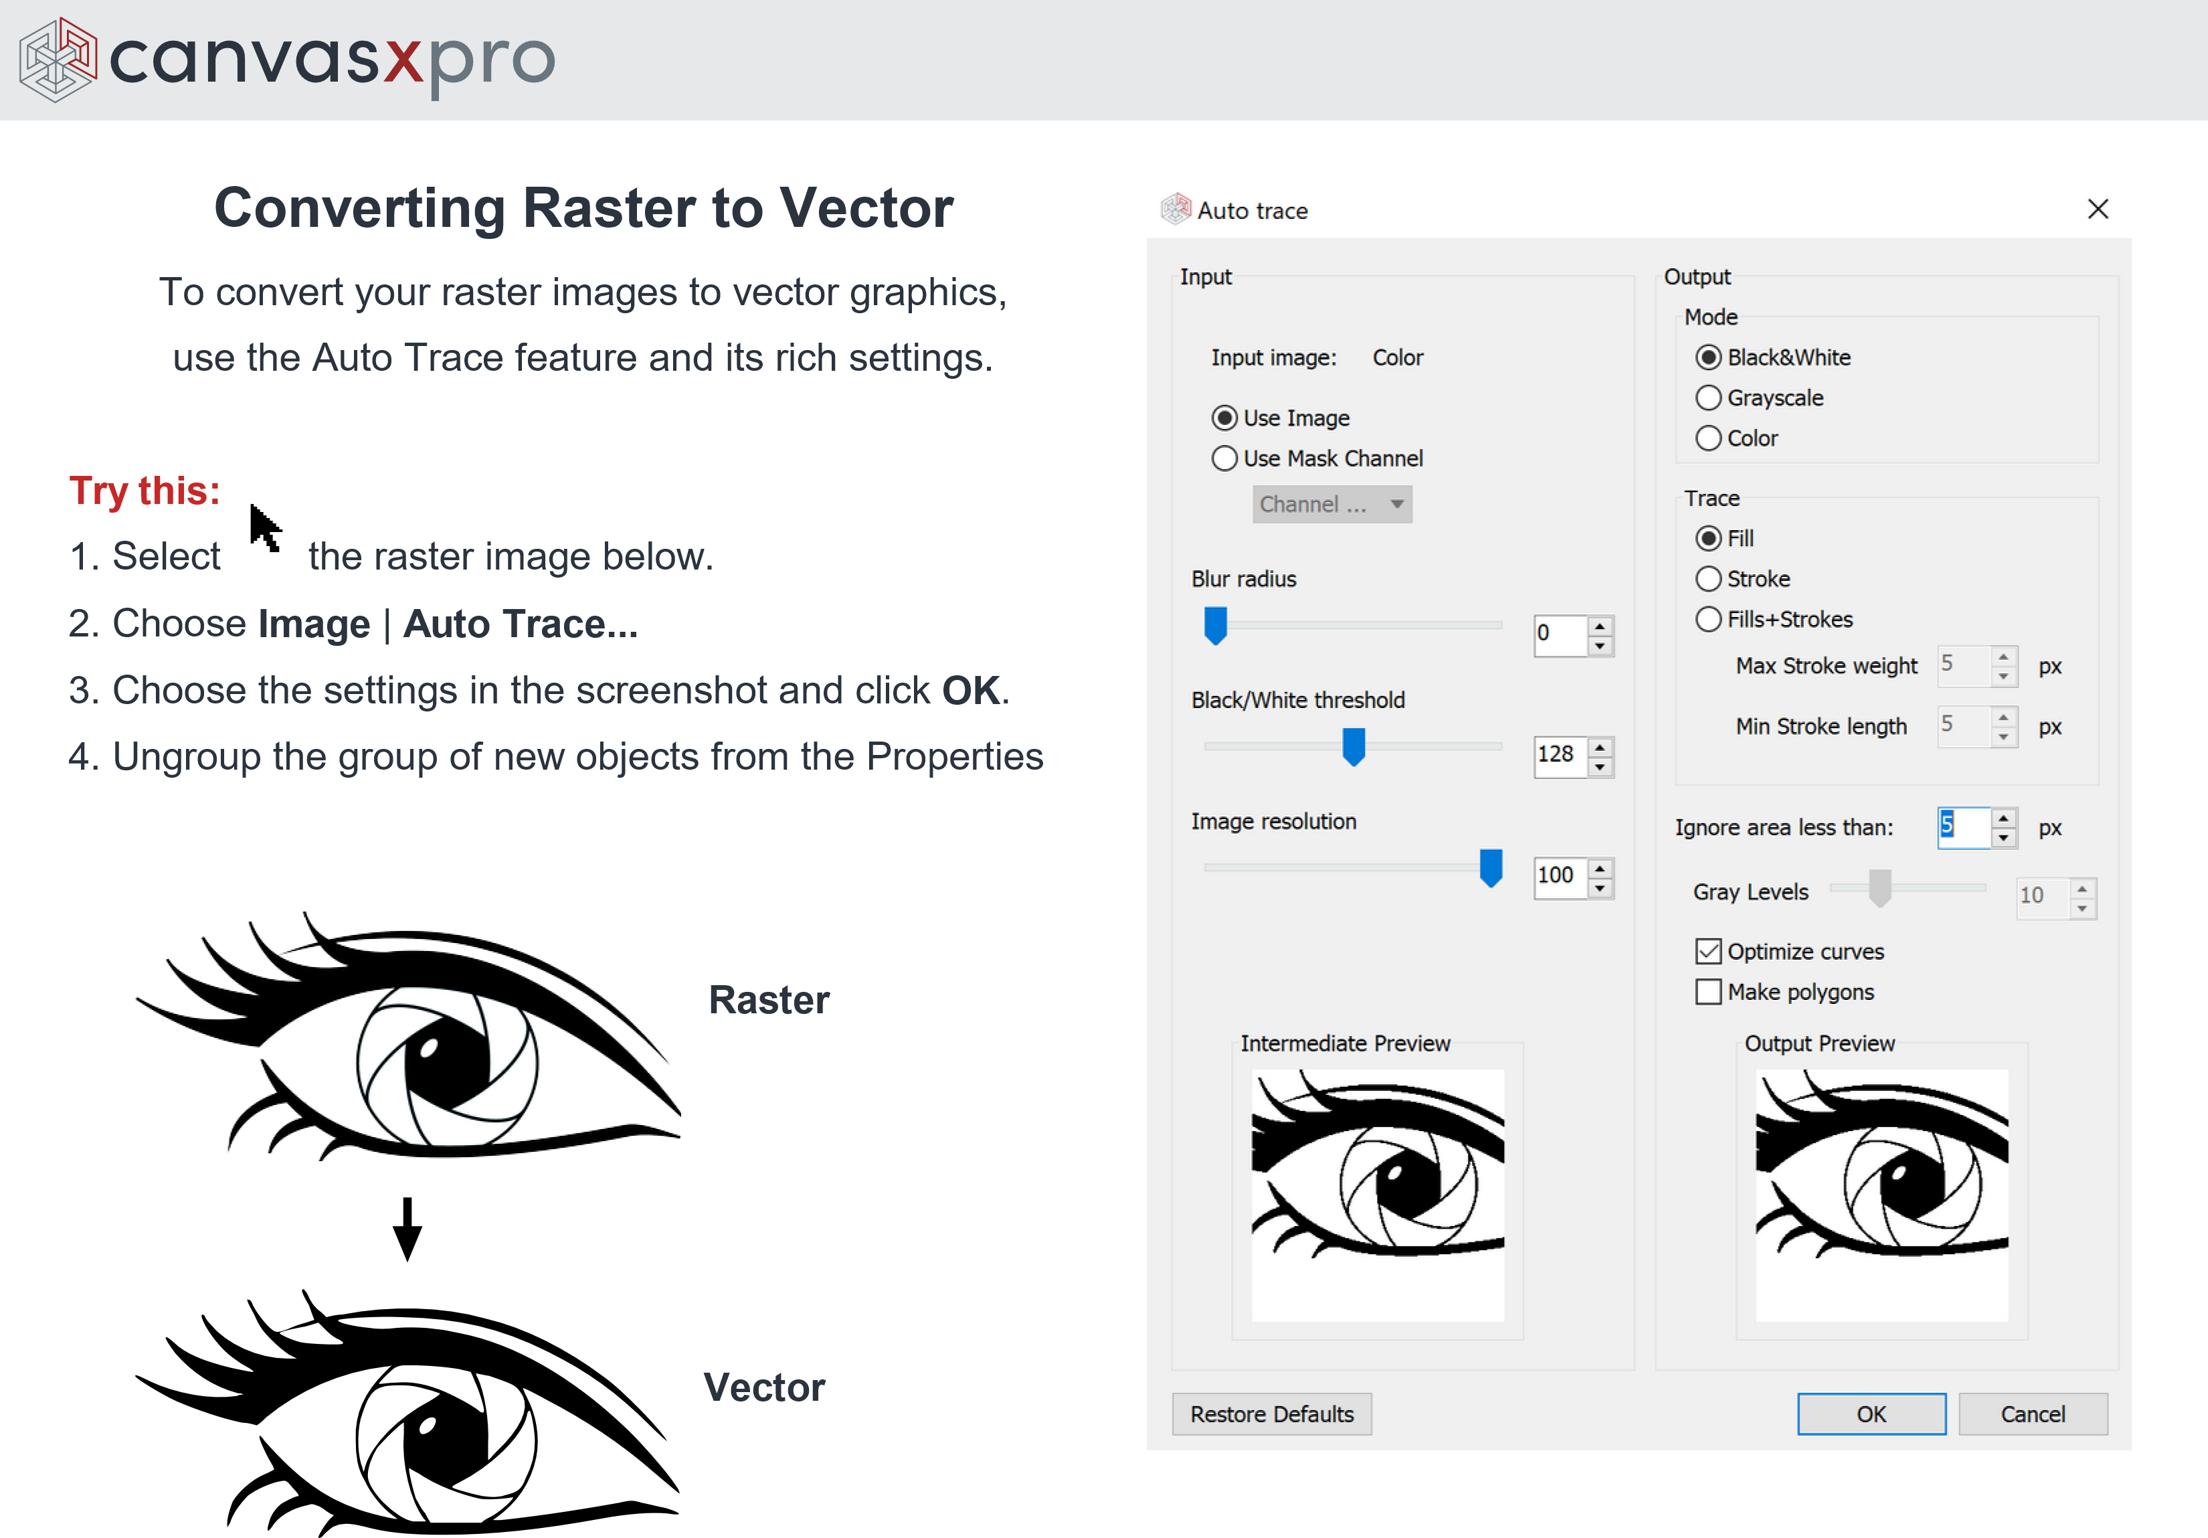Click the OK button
pyautogui.click(x=1871, y=1413)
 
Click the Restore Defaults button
pyautogui.click(x=1271, y=1413)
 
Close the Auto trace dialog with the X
pyautogui.click(x=2098, y=209)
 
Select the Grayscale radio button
pyautogui.click(x=1708, y=398)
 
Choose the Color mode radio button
pyautogui.click(x=1708, y=438)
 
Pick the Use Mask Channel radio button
pyautogui.click(x=1224, y=458)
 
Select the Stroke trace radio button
pyautogui.click(x=1708, y=578)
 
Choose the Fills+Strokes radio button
pyautogui.click(x=1708, y=618)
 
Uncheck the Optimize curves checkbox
pyautogui.click(x=1708, y=950)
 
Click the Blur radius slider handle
pyautogui.click(x=1216, y=625)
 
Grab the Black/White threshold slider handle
pyautogui.click(x=1353, y=746)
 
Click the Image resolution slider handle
pyautogui.click(x=1491, y=867)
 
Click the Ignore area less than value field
pyautogui.click(x=1962, y=827)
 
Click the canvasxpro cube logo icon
pyautogui.click(x=58, y=60)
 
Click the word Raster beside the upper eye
pyautogui.click(x=768, y=999)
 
